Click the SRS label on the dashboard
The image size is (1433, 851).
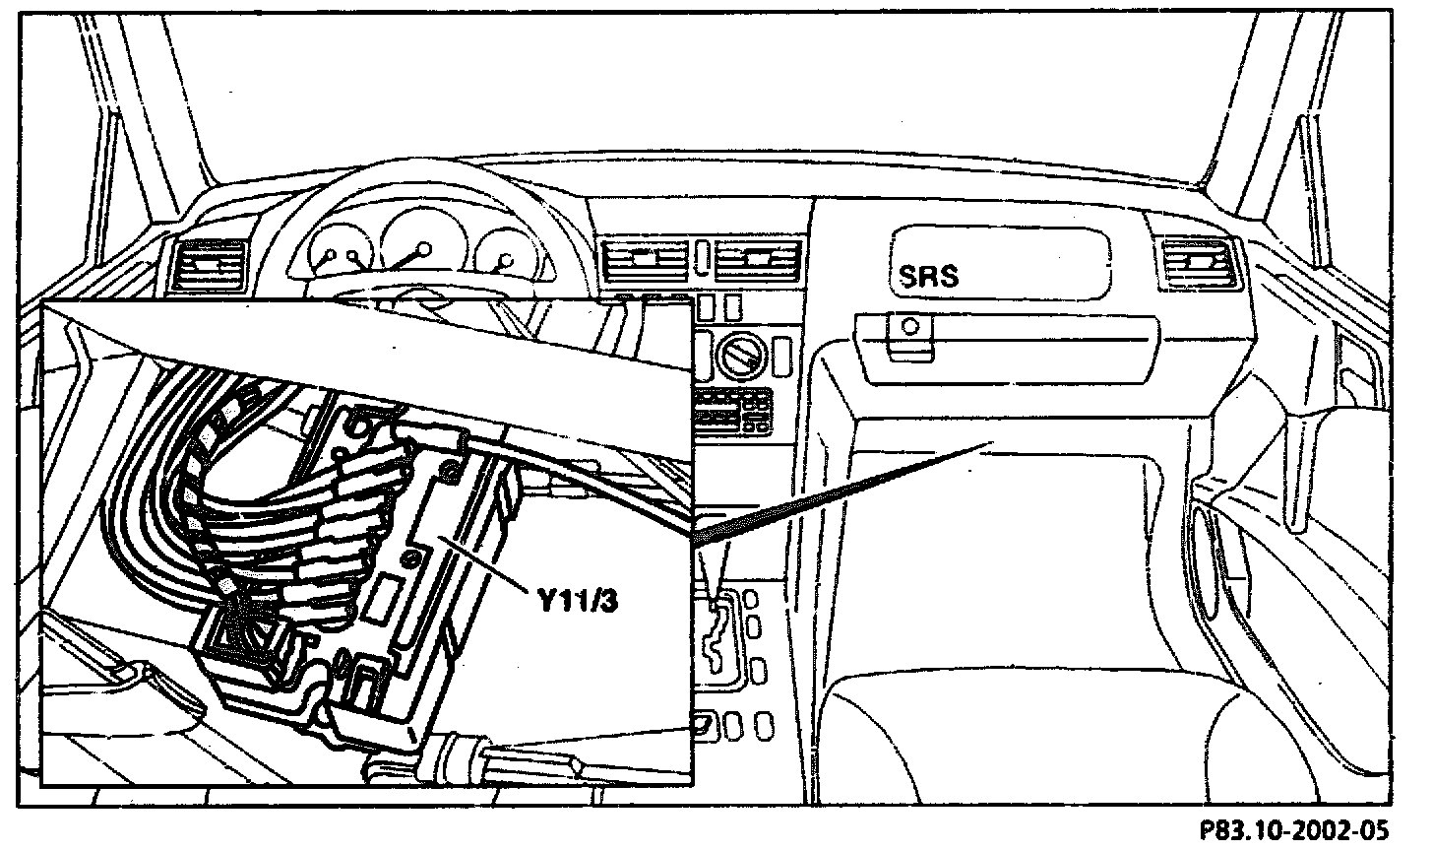[x=928, y=275]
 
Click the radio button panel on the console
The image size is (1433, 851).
[x=734, y=412]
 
